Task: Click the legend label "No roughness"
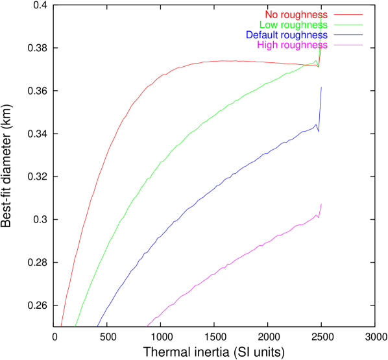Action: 297,14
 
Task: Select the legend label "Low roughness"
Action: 293,25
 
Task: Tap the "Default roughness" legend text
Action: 287,34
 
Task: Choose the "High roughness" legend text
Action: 293,45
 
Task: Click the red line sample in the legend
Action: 348,14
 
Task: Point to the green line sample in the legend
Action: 348,25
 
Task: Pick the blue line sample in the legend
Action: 348,34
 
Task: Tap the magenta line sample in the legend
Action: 348,45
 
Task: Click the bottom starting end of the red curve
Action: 61,326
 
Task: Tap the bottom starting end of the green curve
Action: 75,326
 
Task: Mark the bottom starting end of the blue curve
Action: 97,326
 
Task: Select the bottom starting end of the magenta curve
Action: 147,326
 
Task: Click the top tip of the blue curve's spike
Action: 321,88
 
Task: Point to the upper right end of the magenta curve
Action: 321,204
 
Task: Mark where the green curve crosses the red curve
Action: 306,65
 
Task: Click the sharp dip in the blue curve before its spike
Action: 319,132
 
